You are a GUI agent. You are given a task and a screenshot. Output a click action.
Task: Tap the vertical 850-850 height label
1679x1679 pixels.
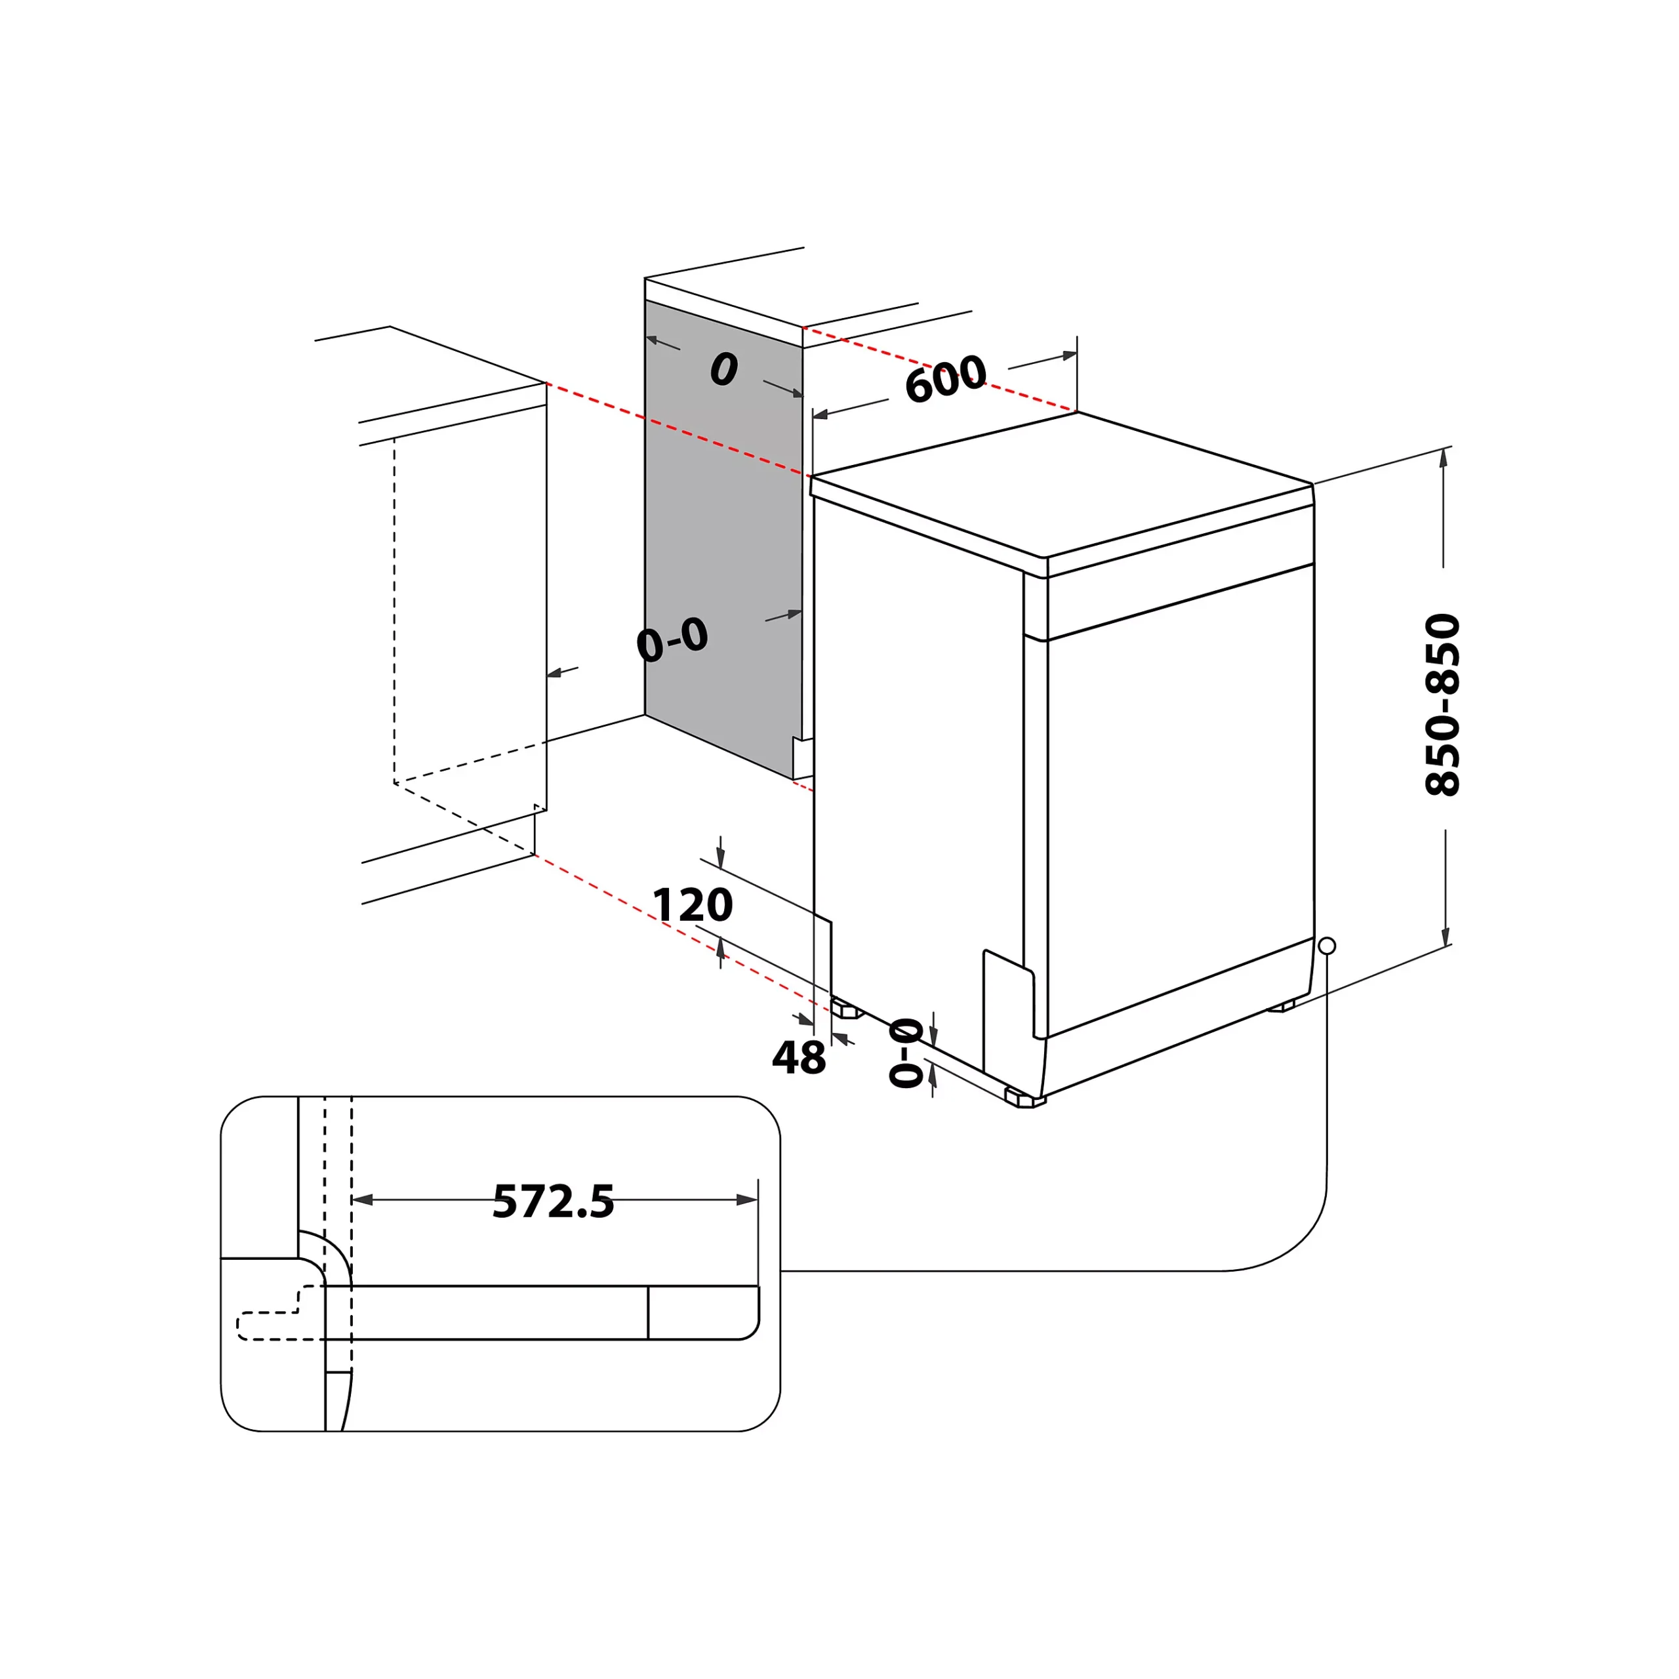point(1443,704)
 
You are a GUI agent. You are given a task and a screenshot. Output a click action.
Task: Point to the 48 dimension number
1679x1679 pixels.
point(798,1058)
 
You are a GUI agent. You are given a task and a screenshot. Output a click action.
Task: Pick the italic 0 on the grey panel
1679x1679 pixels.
point(723,369)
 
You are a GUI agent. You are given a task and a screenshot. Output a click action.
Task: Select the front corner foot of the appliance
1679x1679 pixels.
point(1026,1098)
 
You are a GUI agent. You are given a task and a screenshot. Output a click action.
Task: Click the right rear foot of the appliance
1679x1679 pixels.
point(1281,1005)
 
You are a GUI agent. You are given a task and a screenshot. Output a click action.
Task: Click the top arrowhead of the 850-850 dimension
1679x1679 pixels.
point(1444,457)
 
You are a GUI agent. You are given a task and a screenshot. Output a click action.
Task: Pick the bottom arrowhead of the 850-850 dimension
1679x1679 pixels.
point(1446,937)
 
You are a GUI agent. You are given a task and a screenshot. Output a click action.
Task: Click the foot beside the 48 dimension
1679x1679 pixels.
point(845,1009)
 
